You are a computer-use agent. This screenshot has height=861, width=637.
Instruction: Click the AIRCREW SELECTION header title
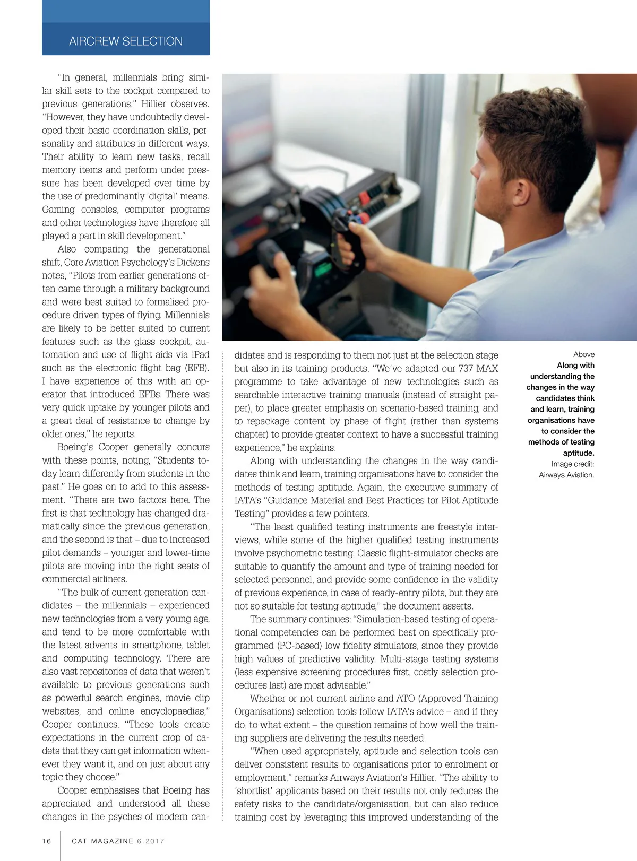pyautogui.click(x=126, y=41)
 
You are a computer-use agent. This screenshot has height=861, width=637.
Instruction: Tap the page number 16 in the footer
pyautogui.click(x=47, y=841)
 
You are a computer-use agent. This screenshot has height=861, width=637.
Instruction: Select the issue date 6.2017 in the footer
pyautogui.click(x=151, y=841)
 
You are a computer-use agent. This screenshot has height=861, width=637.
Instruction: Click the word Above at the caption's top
pyautogui.click(x=583, y=354)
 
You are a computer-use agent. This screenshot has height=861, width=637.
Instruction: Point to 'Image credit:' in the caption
pyautogui.click(x=572, y=464)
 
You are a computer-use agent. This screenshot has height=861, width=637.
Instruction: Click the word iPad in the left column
pyautogui.click(x=200, y=354)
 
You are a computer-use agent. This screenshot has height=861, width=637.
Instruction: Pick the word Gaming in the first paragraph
pyautogui.click(x=58, y=210)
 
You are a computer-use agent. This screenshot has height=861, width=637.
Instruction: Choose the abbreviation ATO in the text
pyautogui.click(x=405, y=699)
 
